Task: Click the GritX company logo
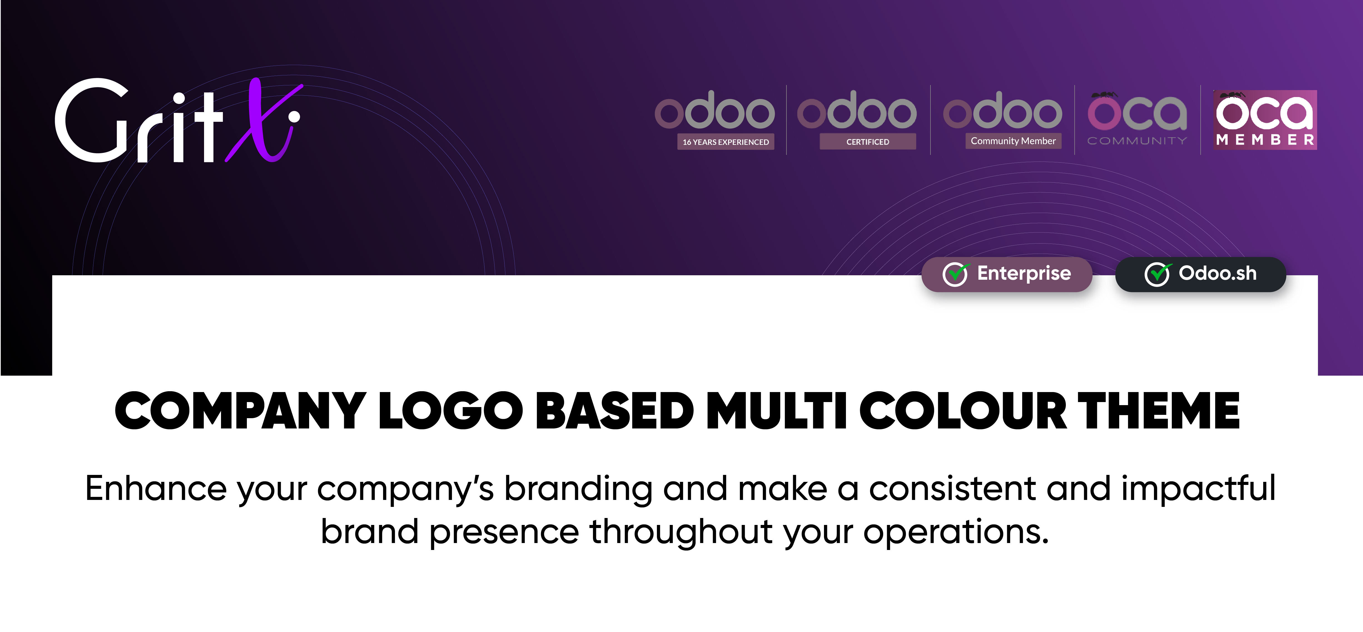pyautogui.click(x=178, y=120)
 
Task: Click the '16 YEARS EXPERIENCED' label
pyautogui.click(x=725, y=142)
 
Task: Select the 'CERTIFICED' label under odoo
pyautogui.click(x=868, y=142)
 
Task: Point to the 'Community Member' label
pyautogui.click(x=1013, y=141)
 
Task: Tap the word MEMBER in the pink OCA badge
pyautogui.click(x=1265, y=140)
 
